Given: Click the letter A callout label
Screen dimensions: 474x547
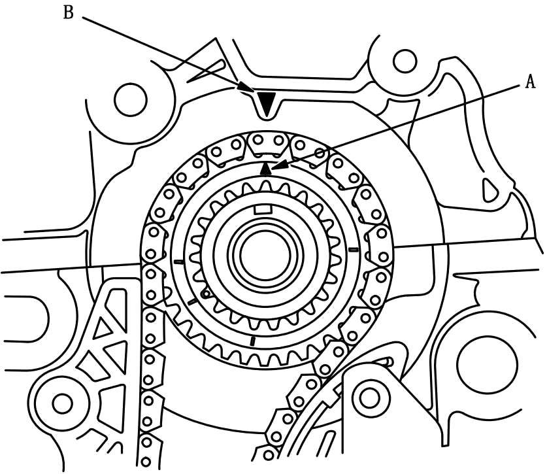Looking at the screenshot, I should (x=529, y=82).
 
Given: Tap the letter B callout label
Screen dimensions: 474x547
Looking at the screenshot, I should (x=68, y=12).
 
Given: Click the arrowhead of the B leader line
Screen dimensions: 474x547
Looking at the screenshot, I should (x=246, y=86).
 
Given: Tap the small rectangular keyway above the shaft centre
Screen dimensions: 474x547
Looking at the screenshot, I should (x=262, y=209).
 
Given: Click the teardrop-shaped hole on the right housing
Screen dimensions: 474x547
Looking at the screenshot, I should (x=489, y=189).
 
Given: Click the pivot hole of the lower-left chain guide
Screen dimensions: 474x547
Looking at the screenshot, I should (x=62, y=403).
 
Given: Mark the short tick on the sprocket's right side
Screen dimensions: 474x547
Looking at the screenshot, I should (x=354, y=250).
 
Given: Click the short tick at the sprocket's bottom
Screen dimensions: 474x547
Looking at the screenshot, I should (x=253, y=340).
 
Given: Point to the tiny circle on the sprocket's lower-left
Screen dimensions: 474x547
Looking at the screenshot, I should (x=205, y=294).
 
